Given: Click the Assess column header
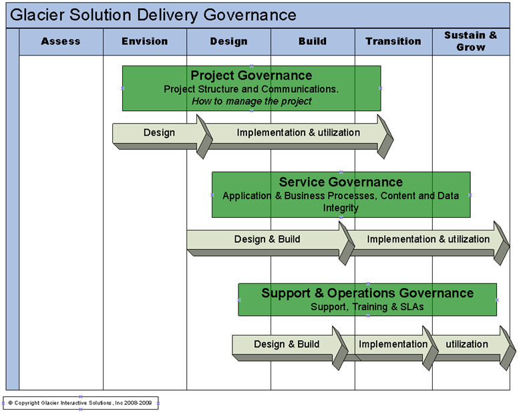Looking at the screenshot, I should point(61,41).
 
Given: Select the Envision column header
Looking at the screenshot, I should point(145,41).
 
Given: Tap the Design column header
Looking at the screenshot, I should point(228,41).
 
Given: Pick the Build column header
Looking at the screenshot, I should point(313,41).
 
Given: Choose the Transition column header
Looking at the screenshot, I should point(393,41).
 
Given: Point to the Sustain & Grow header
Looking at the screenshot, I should point(471,41).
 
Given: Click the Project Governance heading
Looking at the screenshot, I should point(251,76).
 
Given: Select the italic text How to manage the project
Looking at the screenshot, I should point(251,102).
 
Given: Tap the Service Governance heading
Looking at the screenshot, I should point(341,182).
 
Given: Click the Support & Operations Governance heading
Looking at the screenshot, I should point(367,293).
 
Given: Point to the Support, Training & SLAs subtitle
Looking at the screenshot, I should point(367,307).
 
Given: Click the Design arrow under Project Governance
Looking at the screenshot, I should point(159,132).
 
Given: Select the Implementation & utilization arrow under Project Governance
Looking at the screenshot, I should point(298,132).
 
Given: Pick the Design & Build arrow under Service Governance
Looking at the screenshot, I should point(267,239).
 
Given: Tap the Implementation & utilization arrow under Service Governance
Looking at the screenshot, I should point(428,239).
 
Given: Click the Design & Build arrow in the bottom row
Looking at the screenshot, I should point(287,345).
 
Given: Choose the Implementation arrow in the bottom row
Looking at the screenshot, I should point(393,345).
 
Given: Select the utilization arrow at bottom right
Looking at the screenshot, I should point(467,345).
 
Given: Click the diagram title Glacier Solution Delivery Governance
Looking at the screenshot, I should point(154,15).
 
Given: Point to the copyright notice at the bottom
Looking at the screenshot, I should point(81,403).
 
